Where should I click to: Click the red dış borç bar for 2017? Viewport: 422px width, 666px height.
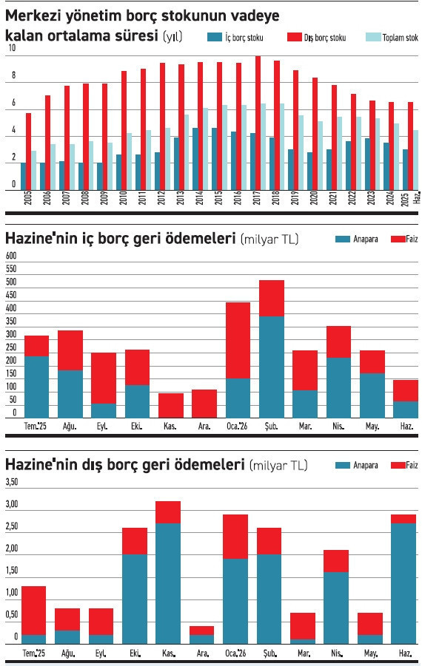click(258, 123)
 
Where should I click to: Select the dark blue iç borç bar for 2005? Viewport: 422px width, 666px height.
click(23, 176)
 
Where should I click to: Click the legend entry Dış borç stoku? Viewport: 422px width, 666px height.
click(316, 37)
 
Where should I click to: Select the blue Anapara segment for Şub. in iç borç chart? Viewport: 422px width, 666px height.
click(272, 366)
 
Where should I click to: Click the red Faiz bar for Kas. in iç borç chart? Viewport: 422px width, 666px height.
click(171, 405)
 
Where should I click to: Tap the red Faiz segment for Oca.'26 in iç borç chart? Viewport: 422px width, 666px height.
click(238, 340)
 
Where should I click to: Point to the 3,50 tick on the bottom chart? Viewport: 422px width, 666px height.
click(13, 483)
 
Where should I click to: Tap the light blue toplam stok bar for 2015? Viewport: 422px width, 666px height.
click(224, 147)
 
